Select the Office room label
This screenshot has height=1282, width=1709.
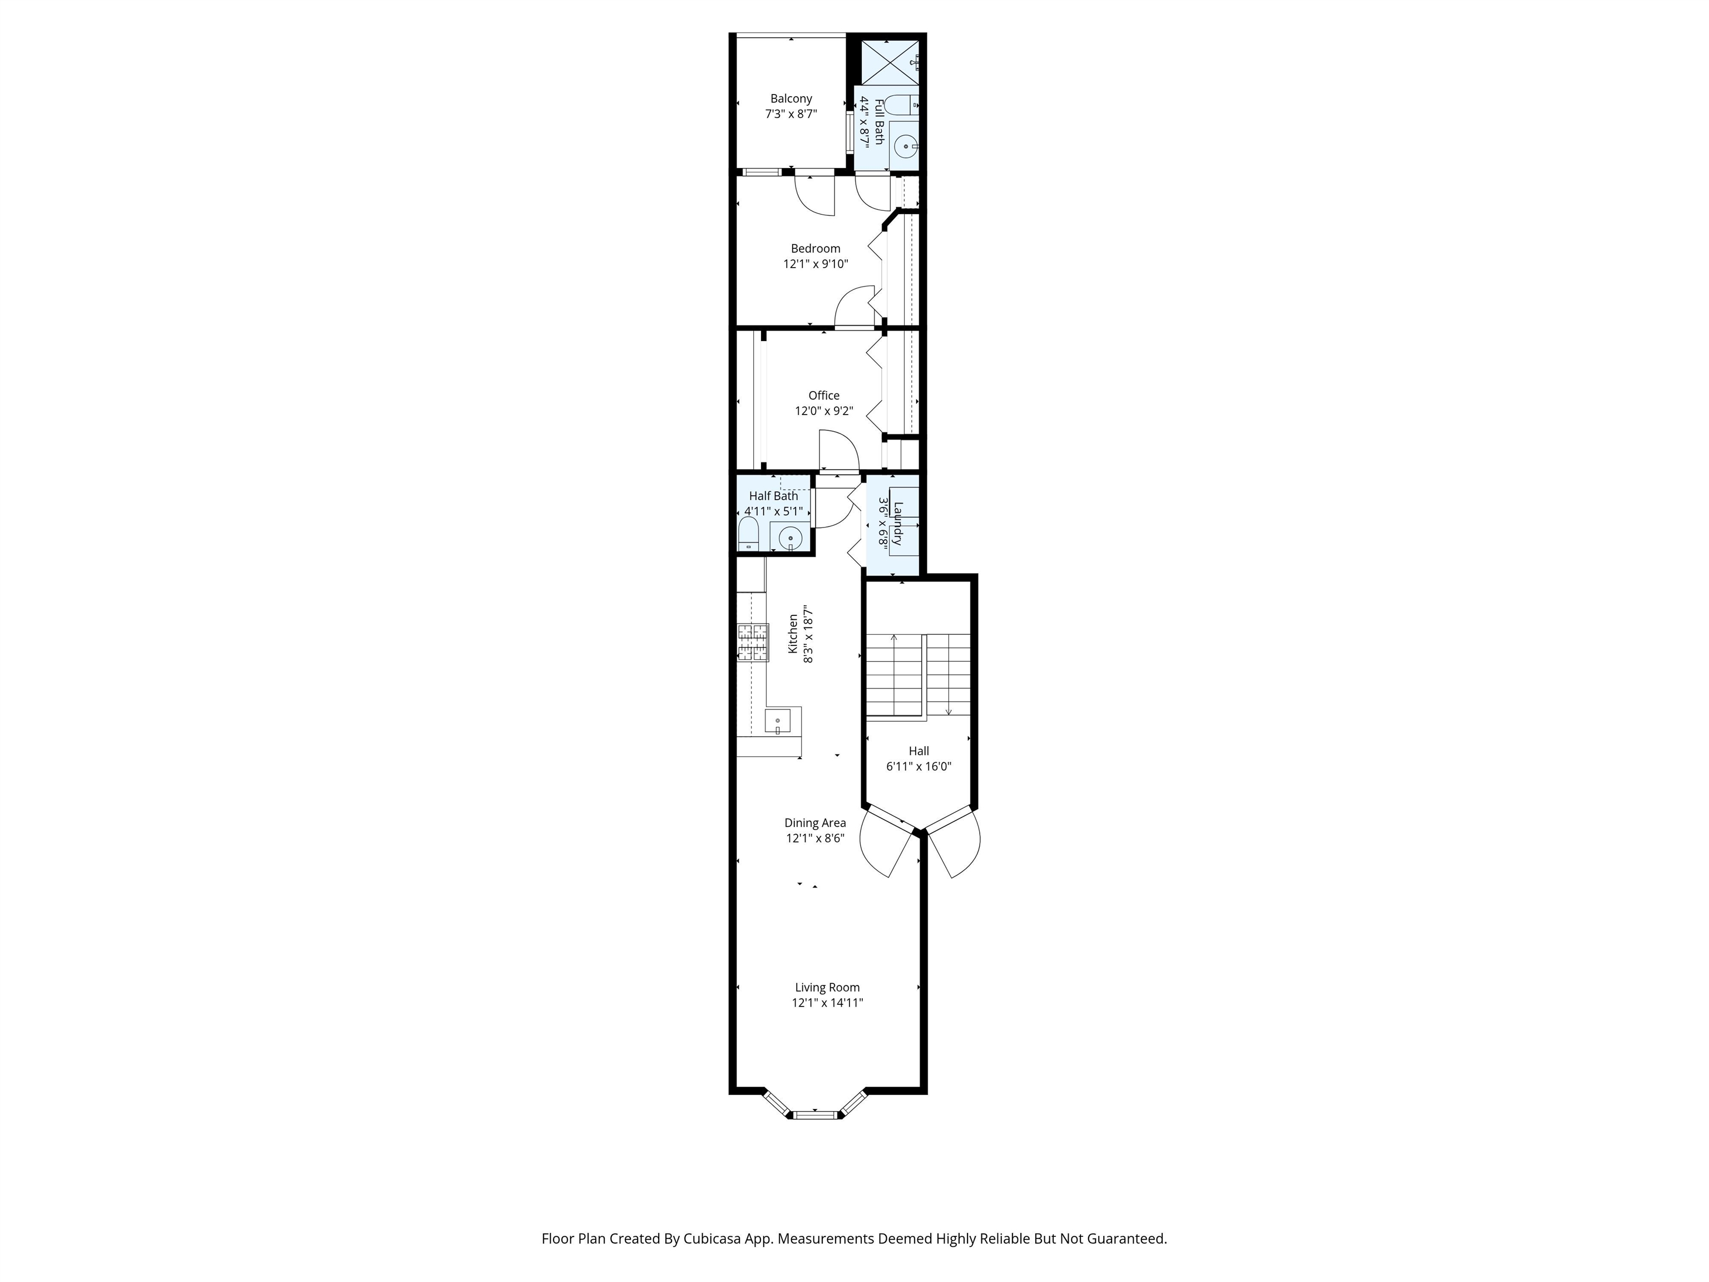[x=823, y=395]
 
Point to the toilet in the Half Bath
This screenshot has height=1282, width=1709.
[x=748, y=535]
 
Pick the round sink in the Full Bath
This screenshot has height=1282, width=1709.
[x=906, y=145]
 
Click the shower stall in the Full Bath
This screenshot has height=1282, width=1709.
[x=890, y=62]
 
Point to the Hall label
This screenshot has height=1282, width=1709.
[x=918, y=751]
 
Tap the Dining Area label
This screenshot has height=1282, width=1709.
[x=815, y=822]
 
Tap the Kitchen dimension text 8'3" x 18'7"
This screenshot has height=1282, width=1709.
[x=808, y=634]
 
